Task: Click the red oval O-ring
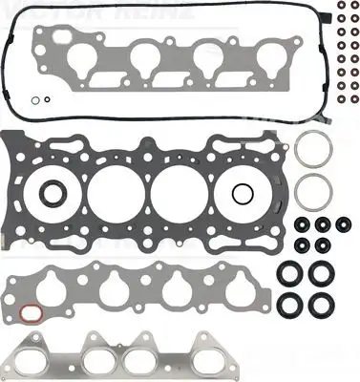[x=31, y=313]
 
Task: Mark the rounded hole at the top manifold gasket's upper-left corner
[x=41, y=36]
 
